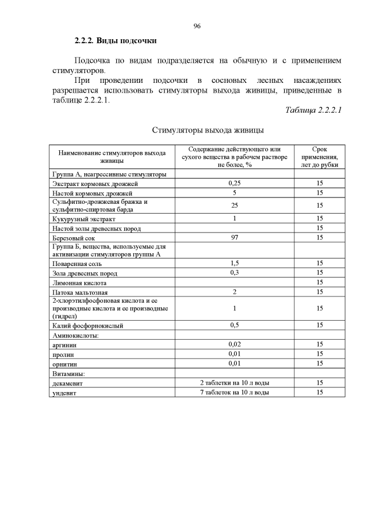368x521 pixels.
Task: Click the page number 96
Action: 197,26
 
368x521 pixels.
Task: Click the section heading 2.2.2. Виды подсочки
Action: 116,41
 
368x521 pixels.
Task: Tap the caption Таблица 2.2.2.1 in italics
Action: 313,111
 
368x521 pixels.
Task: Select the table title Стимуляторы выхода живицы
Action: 208,130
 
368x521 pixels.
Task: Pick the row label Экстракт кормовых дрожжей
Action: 95,184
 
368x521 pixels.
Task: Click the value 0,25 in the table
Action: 234,183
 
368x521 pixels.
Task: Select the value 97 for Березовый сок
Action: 234,237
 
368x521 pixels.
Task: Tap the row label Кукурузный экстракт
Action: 84,219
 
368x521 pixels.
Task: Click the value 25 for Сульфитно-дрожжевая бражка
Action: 234,206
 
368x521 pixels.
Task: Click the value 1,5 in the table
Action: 234,263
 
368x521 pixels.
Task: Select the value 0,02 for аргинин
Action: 234,344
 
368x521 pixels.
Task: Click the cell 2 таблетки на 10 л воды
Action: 234,383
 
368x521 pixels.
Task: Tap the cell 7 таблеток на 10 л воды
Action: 234,392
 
